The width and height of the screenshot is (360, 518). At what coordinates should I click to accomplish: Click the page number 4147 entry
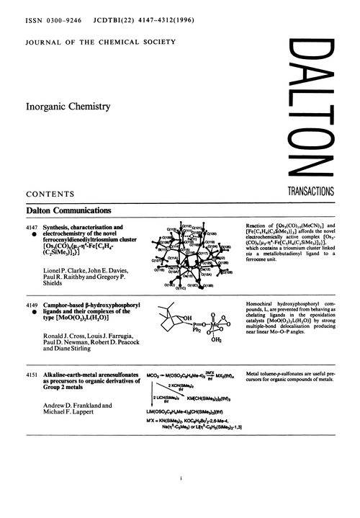35,226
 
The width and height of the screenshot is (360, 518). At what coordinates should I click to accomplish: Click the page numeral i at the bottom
179,496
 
